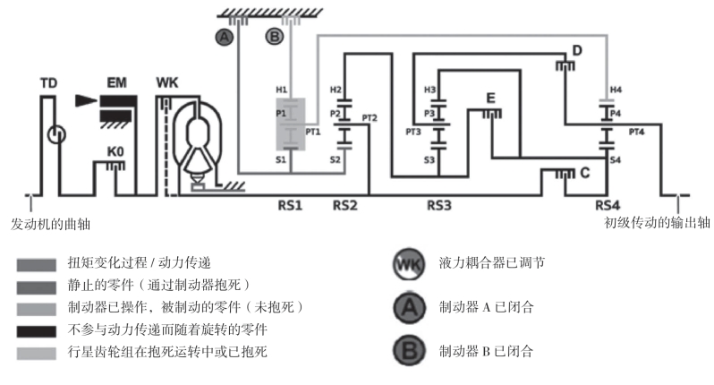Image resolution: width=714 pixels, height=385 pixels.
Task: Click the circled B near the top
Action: point(275,37)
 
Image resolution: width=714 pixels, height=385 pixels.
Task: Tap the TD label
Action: point(49,83)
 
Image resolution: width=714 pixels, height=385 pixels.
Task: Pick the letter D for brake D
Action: point(577,51)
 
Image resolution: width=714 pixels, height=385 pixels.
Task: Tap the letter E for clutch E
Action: point(490,98)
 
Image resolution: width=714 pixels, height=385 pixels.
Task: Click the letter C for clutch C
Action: point(584,174)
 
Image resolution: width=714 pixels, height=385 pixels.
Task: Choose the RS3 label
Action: point(438,205)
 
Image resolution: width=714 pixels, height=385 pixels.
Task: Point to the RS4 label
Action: point(608,205)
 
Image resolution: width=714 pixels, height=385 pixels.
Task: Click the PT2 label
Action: point(370,117)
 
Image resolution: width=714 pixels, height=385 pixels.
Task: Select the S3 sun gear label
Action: point(429,160)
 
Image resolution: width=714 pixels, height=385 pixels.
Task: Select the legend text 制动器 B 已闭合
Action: point(486,350)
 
